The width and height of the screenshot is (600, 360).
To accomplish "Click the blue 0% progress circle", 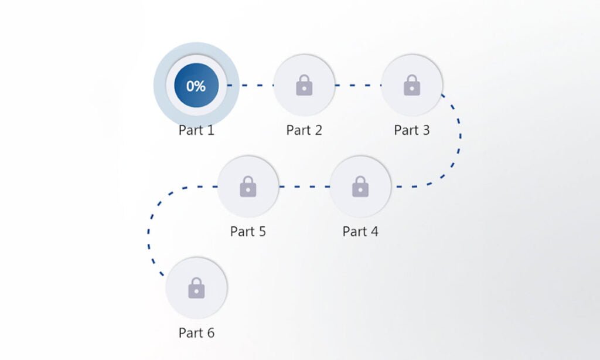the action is click(x=196, y=85).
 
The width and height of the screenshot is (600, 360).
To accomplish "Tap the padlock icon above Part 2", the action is click(x=304, y=85).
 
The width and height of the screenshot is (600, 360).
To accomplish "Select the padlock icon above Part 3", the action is click(x=412, y=85).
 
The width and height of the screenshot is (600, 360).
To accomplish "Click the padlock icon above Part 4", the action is click(x=360, y=186).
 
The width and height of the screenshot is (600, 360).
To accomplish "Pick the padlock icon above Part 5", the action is click(x=248, y=186).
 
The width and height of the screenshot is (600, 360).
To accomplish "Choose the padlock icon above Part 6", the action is click(x=196, y=288).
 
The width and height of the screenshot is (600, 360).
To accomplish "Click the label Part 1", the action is click(x=196, y=130).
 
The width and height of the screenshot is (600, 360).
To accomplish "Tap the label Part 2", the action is click(x=304, y=130).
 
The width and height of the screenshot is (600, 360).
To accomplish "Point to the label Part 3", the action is click(x=412, y=130).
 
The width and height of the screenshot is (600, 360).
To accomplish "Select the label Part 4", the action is click(x=360, y=232).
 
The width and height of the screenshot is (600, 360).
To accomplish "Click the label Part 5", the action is click(x=248, y=232).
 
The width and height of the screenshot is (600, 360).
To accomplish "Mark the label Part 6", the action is click(x=196, y=333).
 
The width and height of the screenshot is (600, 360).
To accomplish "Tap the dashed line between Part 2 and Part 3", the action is click(x=358, y=85).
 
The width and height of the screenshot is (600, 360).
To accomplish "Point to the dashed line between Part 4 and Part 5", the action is click(x=304, y=186).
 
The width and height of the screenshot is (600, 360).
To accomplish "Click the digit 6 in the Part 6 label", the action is click(x=210, y=333).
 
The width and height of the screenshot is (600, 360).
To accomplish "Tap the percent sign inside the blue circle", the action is click(x=201, y=86).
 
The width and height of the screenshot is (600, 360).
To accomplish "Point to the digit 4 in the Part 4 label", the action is click(x=374, y=232).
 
